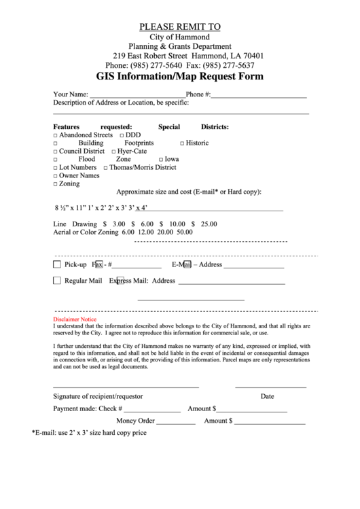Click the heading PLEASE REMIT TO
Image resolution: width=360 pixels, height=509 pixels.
[x=180, y=27]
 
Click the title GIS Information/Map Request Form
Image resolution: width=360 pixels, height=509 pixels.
[x=179, y=77]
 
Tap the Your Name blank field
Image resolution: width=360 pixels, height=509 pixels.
[x=137, y=94]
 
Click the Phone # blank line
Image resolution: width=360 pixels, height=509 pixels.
[x=258, y=94]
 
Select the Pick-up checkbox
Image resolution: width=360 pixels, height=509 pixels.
[x=57, y=264]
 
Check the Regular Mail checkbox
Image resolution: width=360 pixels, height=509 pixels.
[x=57, y=280]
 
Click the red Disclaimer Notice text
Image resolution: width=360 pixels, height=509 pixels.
[x=75, y=319]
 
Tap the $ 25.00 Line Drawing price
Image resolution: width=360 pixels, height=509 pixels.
[x=204, y=224]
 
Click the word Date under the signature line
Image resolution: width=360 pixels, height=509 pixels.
[x=267, y=396]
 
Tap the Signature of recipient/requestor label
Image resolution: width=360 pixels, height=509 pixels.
[x=98, y=396]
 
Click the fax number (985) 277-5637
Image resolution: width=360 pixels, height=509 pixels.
[x=228, y=65]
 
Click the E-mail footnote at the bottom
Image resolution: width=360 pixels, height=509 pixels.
[x=89, y=432]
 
